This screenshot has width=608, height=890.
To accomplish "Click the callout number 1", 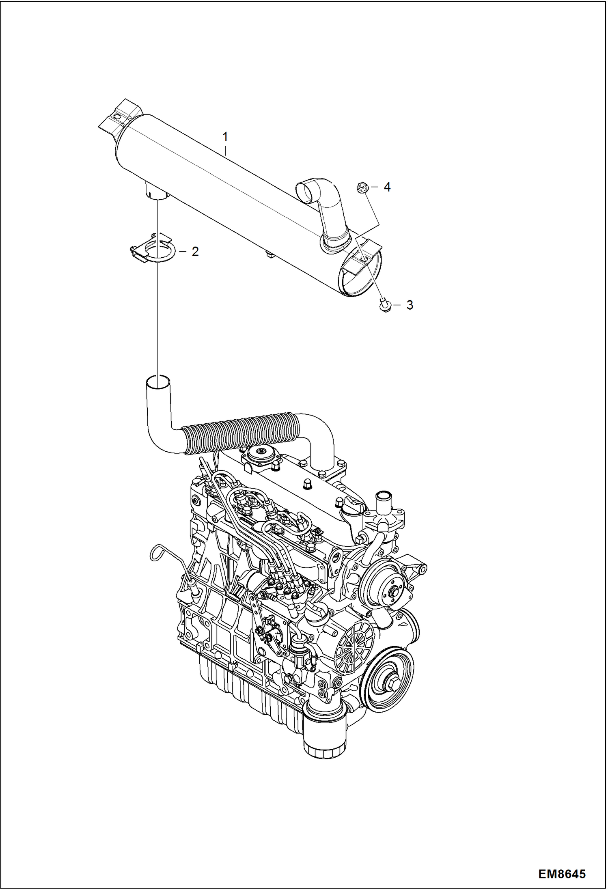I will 225,138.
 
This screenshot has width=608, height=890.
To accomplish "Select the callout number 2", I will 195,252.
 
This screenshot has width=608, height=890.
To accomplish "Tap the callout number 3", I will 410,305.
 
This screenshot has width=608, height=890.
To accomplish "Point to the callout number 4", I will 387,187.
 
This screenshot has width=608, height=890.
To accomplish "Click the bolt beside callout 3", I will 384,305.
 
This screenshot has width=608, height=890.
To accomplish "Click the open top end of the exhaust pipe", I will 157,381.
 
